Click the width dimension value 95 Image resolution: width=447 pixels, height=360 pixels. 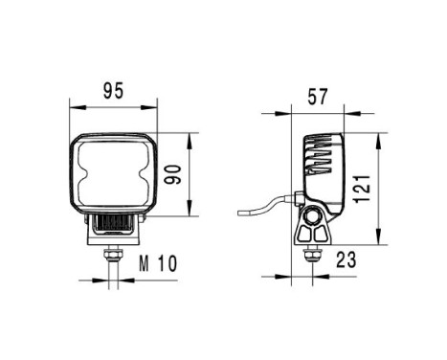click(113, 92)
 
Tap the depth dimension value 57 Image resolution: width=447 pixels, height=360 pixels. click(318, 97)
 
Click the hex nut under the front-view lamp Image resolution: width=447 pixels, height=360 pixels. click(114, 254)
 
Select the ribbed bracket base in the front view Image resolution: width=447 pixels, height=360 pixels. click(114, 224)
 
